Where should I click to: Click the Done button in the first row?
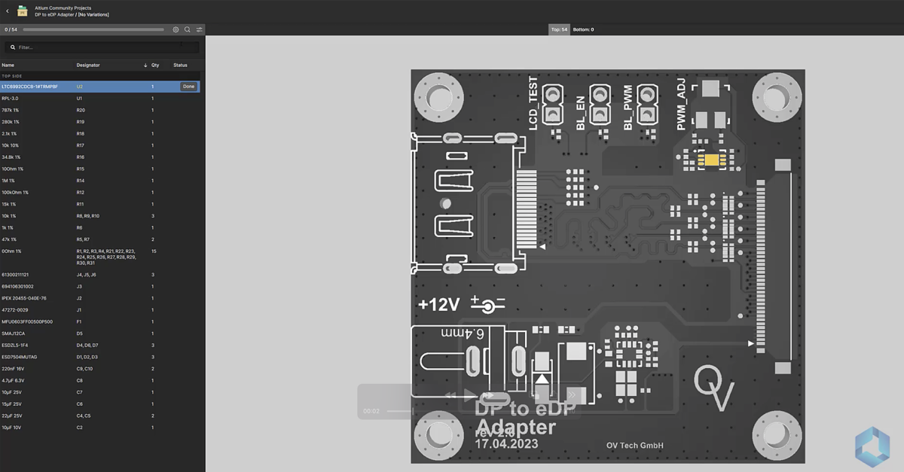pyautogui.click(x=188, y=87)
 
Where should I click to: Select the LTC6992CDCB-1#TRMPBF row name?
pyautogui.click(x=30, y=87)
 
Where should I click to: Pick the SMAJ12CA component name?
pyautogui.click(x=13, y=333)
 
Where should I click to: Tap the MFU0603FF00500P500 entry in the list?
pyautogui.click(x=27, y=321)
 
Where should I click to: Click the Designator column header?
pyautogui.click(x=88, y=65)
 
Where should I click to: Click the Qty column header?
pyautogui.click(x=155, y=65)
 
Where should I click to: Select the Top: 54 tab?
pyautogui.click(x=559, y=29)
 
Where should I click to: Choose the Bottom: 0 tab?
pyautogui.click(x=583, y=29)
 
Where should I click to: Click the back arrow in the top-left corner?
pyautogui.click(x=8, y=11)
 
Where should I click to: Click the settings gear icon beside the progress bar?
pyautogui.click(x=176, y=29)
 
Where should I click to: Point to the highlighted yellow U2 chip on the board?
pyautogui.click(x=711, y=160)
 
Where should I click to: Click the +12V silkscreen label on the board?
pyautogui.click(x=438, y=305)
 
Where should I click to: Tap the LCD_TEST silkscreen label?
pyautogui.click(x=533, y=104)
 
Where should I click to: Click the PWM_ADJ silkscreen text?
pyautogui.click(x=681, y=108)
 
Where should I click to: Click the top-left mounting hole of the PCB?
pyautogui.click(x=439, y=97)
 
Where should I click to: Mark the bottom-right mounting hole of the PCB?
pyautogui.click(x=777, y=436)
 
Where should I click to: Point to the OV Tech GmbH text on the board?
pyautogui.click(x=634, y=446)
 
